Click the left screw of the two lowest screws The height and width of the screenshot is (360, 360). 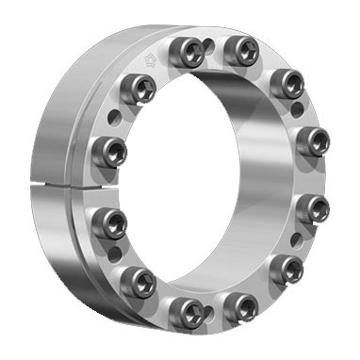coord(189,306)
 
